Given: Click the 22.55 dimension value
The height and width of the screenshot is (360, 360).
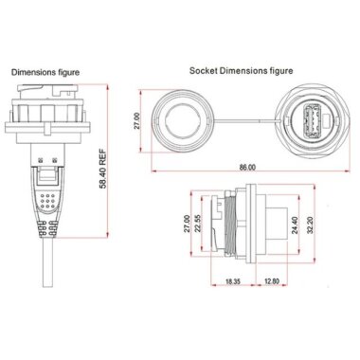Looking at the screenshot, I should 198,227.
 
